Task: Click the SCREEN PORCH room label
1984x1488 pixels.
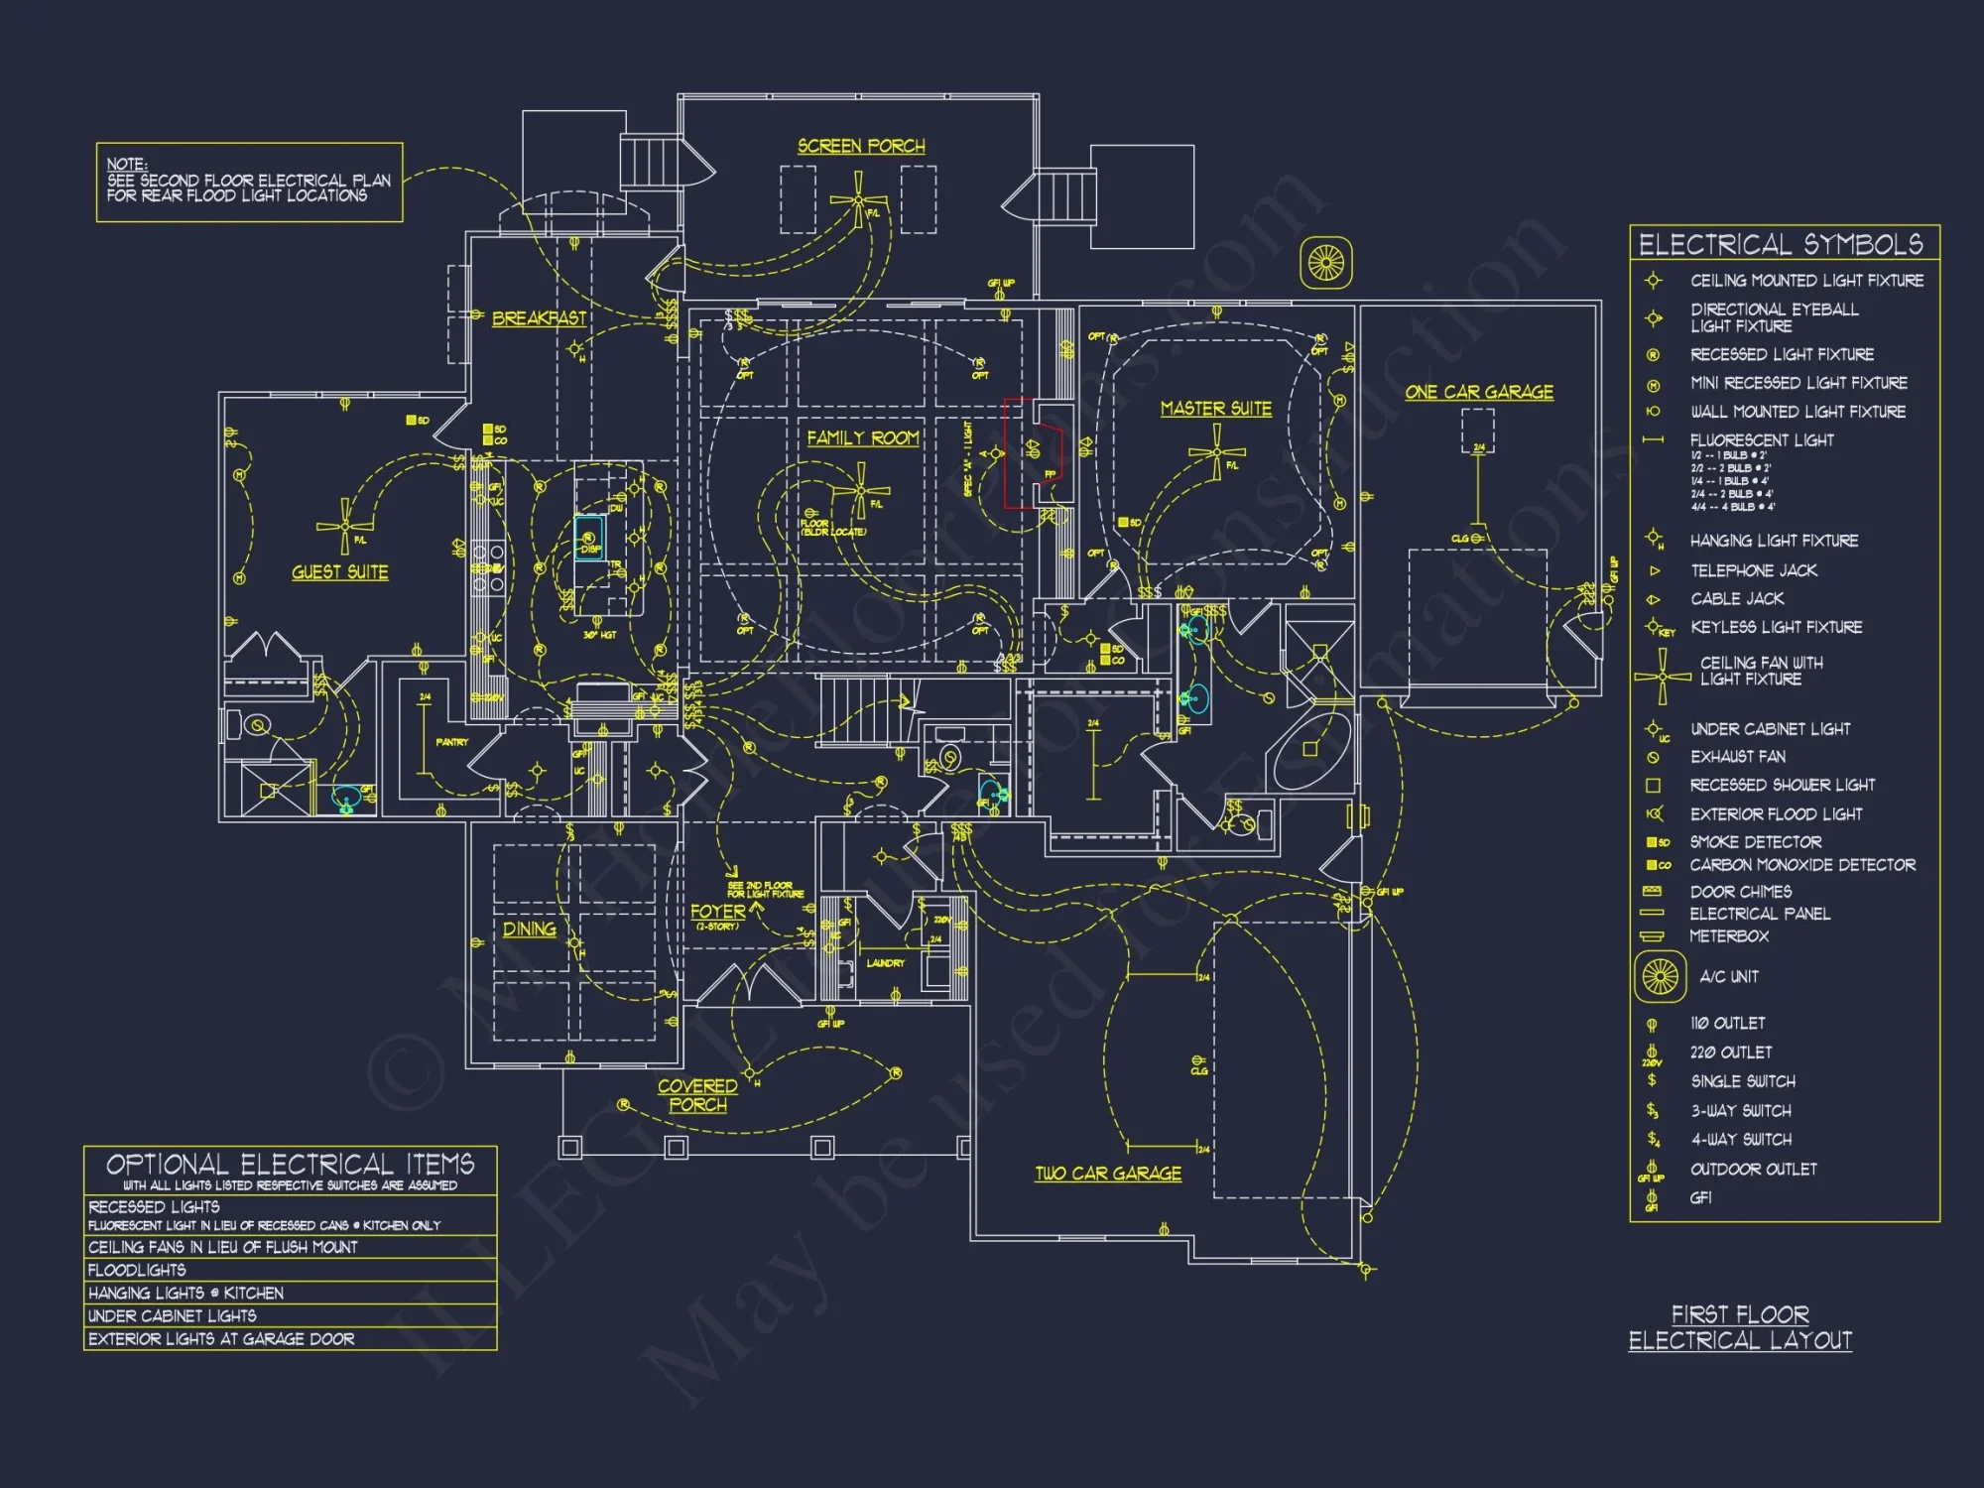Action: click(861, 146)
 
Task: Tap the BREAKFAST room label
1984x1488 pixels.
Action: click(539, 318)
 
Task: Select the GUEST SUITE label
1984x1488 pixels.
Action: click(339, 572)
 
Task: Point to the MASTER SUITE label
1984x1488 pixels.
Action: click(1215, 409)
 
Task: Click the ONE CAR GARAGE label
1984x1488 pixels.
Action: click(1478, 392)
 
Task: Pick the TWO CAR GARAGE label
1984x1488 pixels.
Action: click(1108, 1174)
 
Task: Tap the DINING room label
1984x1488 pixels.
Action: click(529, 930)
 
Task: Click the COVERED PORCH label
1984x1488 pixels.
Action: click(697, 1096)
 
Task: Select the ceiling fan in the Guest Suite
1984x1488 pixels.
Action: click(344, 526)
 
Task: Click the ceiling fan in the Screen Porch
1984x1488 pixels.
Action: click(858, 200)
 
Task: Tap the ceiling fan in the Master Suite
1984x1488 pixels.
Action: click(1216, 453)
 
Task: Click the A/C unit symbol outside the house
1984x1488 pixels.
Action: click(1325, 263)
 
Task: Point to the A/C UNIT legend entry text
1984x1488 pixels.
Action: click(1728, 977)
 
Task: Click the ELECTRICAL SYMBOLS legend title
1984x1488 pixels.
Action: click(1780, 245)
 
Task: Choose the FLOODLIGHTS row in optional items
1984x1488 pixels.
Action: click(137, 1270)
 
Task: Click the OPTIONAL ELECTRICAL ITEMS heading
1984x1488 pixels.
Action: click(290, 1164)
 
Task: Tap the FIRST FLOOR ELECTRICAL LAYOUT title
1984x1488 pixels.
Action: click(1740, 1327)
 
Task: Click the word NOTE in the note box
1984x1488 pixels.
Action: click(126, 164)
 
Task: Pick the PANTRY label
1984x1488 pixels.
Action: click(451, 742)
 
